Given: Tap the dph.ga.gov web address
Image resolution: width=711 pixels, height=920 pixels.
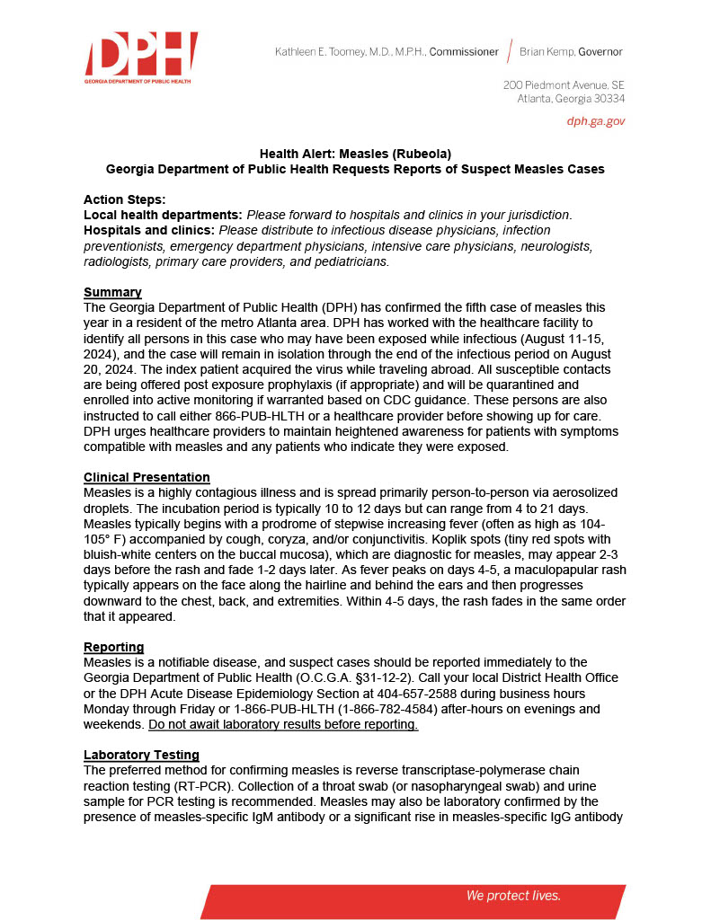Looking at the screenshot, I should pos(595,120).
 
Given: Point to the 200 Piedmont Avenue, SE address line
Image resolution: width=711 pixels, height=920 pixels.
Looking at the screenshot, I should pos(564,84).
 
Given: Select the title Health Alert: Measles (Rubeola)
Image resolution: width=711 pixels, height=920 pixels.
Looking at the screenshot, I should pos(355,154).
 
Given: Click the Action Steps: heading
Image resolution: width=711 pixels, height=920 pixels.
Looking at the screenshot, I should pos(124,199).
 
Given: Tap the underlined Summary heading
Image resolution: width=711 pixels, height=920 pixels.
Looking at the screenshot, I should pos(112,292).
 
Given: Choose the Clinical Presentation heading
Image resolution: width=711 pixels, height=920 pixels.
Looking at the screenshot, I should pos(147,477).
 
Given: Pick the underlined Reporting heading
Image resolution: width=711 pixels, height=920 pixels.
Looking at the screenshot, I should pos(114,647).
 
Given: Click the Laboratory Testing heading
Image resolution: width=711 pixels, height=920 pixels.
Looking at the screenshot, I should pos(141,754).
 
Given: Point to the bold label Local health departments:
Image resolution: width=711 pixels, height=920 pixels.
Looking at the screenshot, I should pos(163,215).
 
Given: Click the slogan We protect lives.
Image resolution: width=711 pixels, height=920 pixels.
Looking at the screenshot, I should pos(513,896).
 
